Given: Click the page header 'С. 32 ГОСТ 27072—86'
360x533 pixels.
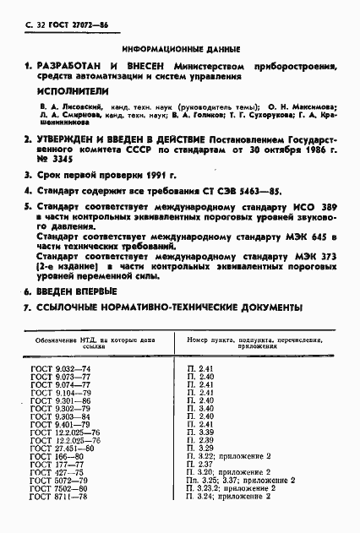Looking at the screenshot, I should [x=58, y=28].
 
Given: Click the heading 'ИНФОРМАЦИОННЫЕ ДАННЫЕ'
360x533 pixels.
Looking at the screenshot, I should [x=181, y=48].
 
